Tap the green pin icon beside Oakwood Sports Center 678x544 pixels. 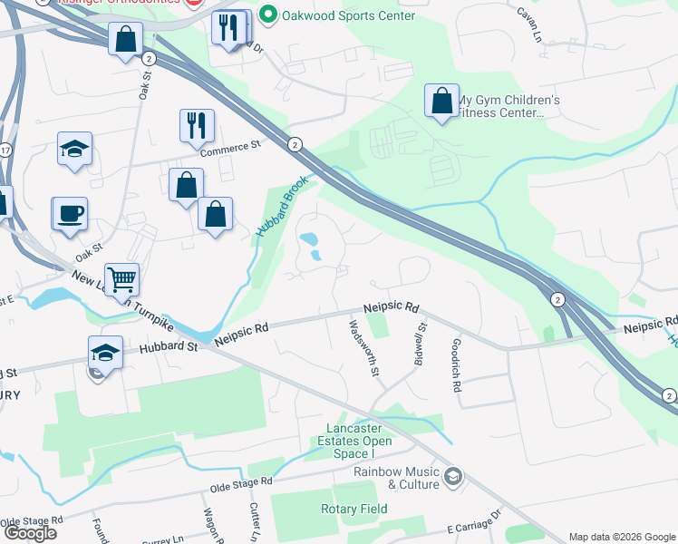point(267,15)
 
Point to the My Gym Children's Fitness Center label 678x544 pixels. point(508,107)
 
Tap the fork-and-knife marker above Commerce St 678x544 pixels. point(197,126)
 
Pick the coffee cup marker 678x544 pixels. point(70,215)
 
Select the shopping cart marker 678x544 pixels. point(121,280)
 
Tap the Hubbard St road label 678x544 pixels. point(168,346)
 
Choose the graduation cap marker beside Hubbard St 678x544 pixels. point(105,353)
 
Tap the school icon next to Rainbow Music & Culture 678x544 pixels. point(453,475)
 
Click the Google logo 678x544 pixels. point(31,533)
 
